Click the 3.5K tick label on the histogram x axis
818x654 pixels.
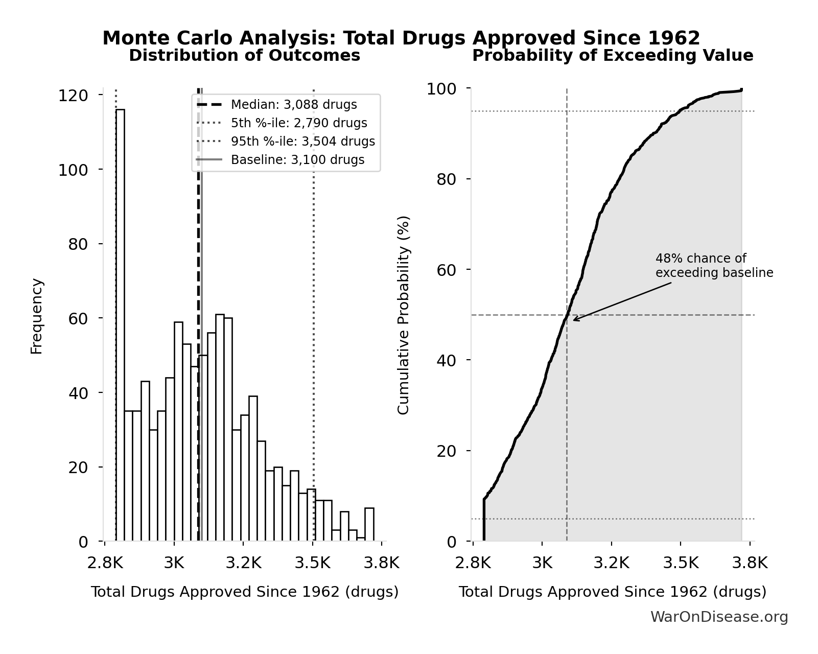tap(313, 563)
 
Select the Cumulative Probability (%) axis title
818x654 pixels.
tap(404, 315)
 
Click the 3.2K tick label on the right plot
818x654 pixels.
tap(611, 563)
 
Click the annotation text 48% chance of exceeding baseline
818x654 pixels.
tap(714, 266)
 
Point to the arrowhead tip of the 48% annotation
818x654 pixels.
tap(573, 320)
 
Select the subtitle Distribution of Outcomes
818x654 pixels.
tap(244, 56)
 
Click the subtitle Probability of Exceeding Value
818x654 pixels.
tap(612, 56)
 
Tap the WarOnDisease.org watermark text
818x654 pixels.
tap(718, 617)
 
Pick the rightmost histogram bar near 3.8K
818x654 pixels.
tap(369, 524)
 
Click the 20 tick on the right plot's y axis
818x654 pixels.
tap(447, 451)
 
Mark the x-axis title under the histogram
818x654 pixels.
tap(244, 592)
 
